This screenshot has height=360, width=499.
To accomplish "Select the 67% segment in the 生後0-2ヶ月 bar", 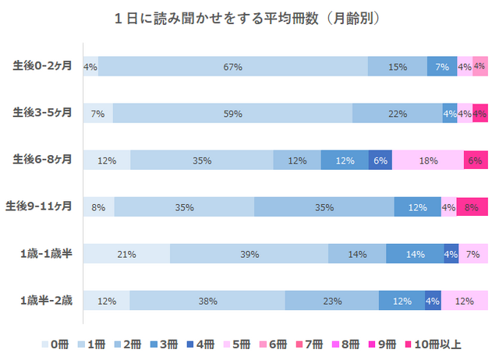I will pos(233,67).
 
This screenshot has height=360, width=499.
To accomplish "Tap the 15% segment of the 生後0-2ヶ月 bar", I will pos(398,67).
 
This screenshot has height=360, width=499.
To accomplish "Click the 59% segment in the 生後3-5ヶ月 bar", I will pos(232,114).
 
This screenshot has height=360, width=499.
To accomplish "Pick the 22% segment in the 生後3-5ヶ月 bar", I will pos(398,114).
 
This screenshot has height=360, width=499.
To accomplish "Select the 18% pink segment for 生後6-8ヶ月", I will pos(428,161).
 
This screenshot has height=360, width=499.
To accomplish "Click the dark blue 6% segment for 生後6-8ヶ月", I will pos(380,161).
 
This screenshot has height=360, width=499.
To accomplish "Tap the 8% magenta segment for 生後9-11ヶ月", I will pos(472,207).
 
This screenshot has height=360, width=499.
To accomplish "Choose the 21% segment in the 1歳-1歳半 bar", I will pos(126,254).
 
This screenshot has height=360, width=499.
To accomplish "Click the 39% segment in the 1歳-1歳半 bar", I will pos(249,254).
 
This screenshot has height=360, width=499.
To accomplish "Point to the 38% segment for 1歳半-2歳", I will pos(207,301).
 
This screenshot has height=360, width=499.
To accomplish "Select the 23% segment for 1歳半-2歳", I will pos(332,301).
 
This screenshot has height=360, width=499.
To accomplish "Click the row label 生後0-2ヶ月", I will pos(43,66).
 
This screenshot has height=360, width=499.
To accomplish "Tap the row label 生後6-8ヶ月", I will pos(43,160).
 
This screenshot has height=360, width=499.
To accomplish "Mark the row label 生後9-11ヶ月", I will pos(41,206).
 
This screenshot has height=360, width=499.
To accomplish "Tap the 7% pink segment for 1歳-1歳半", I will pos(473,254).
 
